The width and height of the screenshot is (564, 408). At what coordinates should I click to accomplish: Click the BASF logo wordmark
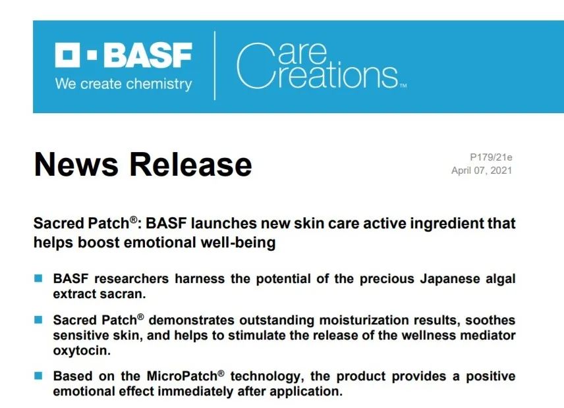(x=123, y=55)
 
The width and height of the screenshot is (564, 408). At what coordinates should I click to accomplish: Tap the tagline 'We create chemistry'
(x=123, y=84)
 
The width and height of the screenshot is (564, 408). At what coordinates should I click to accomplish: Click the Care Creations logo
(x=322, y=66)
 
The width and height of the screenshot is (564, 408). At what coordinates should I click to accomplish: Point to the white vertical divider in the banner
(x=215, y=65)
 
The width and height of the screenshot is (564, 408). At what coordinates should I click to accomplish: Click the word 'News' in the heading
(x=76, y=164)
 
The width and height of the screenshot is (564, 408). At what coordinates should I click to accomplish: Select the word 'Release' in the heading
(x=190, y=164)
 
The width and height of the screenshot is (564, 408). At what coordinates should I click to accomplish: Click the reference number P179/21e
(x=491, y=157)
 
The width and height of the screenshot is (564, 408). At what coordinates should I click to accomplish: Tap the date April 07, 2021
(x=482, y=170)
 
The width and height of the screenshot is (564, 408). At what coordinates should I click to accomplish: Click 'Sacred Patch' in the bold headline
(x=81, y=223)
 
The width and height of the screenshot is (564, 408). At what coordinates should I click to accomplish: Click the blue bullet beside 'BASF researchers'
(x=38, y=278)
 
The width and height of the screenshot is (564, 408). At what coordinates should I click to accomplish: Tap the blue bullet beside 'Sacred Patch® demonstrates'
(x=38, y=320)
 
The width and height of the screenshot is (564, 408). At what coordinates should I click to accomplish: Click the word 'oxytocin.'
(x=82, y=351)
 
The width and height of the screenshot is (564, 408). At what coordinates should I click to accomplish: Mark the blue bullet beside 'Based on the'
(x=38, y=376)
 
